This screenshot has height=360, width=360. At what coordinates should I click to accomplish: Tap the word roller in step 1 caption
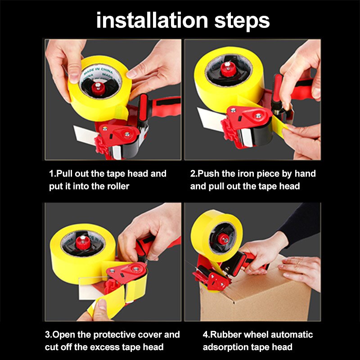[x=116, y=186]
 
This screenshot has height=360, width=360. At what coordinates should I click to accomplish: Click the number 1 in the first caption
[x=51, y=174]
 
